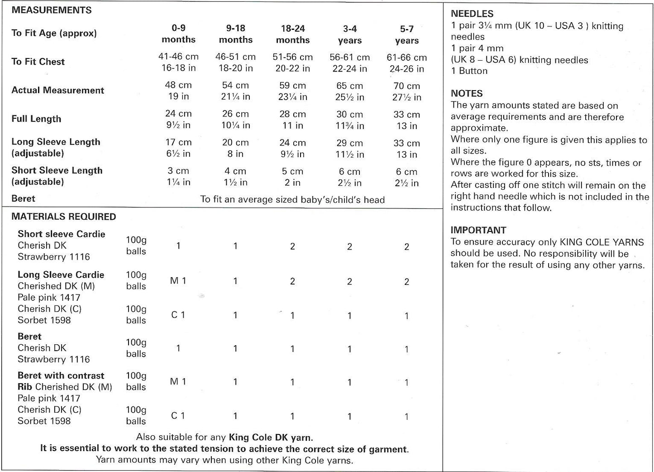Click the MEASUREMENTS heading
click(x=51, y=10)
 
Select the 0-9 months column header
click(x=178, y=34)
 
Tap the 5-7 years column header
click(x=406, y=34)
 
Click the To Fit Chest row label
click(x=38, y=62)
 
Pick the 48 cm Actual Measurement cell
click(x=178, y=91)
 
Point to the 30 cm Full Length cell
click(x=349, y=120)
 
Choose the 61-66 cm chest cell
click(x=406, y=63)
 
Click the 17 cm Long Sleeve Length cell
click(x=178, y=148)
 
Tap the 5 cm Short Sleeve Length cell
click(x=292, y=177)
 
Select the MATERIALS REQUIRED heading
click(x=63, y=217)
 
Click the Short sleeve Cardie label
click(x=61, y=234)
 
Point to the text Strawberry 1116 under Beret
click(x=53, y=359)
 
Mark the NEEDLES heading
click(x=472, y=14)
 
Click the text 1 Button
click(x=469, y=71)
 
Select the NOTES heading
click(x=467, y=93)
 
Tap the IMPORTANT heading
click(x=478, y=230)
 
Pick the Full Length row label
click(x=36, y=119)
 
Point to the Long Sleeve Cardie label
click(x=61, y=275)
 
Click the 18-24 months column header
click(x=292, y=34)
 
